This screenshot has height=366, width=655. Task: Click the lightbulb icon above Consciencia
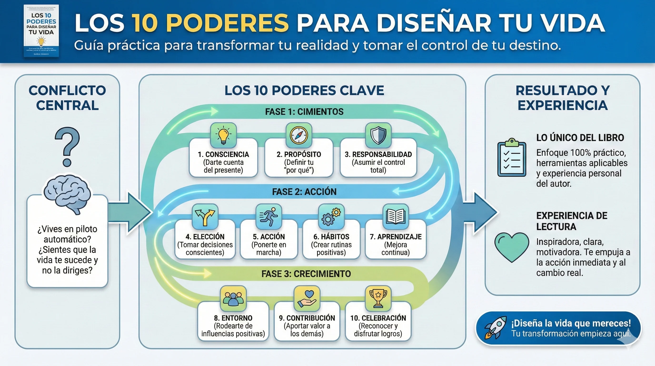(x=223, y=135)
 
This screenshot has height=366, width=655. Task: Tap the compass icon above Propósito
(x=299, y=135)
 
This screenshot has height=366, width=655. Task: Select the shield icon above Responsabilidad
(x=378, y=135)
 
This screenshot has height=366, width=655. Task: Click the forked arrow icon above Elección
(x=205, y=217)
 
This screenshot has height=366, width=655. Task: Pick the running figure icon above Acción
(x=269, y=217)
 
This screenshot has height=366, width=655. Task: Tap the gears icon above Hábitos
(x=331, y=217)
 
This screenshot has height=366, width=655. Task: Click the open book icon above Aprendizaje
(x=395, y=217)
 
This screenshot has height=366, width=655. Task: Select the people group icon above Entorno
(x=233, y=299)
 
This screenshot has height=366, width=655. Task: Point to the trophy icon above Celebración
(x=378, y=299)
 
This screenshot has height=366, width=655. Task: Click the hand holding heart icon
(x=307, y=299)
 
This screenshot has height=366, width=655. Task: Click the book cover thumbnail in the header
(x=41, y=31)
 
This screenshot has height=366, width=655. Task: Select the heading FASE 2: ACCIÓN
(x=304, y=192)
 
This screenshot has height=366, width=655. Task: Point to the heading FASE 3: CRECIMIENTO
(x=306, y=274)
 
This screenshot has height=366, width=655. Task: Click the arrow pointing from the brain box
(x=130, y=212)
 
